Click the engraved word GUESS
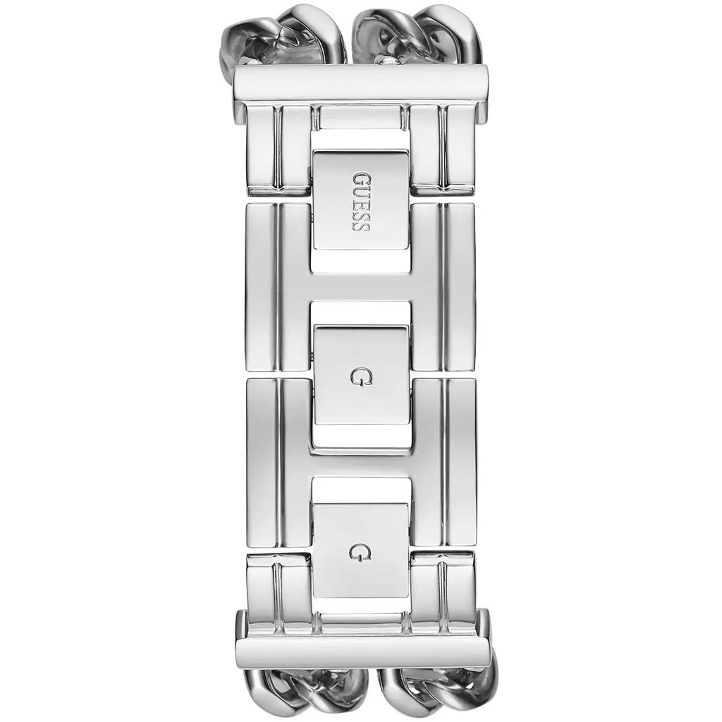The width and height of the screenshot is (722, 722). pyautogui.click(x=362, y=202)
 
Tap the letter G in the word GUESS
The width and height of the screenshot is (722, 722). pyautogui.click(x=362, y=178)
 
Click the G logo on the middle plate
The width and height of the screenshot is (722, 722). pyautogui.click(x=362, y=377)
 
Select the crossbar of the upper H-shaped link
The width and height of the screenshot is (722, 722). pyautogui.click(x=362, y=286)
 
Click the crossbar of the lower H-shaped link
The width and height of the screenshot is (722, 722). pyautogui.click(x=362, y=463)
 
